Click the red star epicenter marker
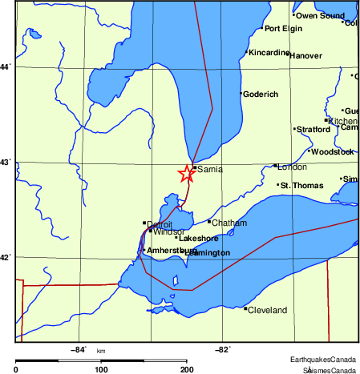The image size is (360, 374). click(x=186, y=173)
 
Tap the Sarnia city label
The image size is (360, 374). click(x=209, y=170)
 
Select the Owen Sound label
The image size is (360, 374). click(x=320, y=15)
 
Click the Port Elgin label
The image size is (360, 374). click(x=284, y=29)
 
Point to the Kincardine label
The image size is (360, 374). click(x=268, y=53)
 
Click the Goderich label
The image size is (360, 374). click(x=260, y=95)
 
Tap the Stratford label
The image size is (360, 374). click(x=313, y=129)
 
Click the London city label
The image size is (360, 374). click(x=291, y=167)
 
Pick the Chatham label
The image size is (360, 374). click(x=229, y=222)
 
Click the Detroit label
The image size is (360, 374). click(x=160, y=223)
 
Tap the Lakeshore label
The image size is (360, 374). click(x=199, y=239)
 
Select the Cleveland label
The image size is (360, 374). click(x=267, y=310)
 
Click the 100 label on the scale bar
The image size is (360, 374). click(x=101, y=369)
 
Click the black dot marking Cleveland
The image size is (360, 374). click(x=245, y=308)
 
